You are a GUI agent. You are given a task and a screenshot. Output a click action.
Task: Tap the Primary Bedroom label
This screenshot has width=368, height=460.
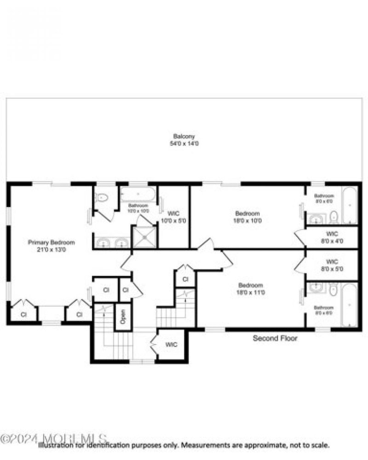(x=52, y=242)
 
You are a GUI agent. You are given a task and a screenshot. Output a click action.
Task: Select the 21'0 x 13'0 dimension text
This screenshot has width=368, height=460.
(x=52, y=250)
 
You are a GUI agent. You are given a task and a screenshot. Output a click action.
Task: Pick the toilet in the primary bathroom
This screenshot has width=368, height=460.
(x=102, y=198)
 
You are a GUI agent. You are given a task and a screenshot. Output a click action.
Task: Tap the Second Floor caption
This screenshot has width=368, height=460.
(x=275, y=339)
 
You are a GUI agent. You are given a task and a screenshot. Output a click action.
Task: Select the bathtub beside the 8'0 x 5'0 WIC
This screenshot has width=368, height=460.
(x=350, y=305)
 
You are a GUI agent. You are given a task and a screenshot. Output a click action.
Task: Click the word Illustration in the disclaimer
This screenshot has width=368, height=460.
(x=57, y=445)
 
